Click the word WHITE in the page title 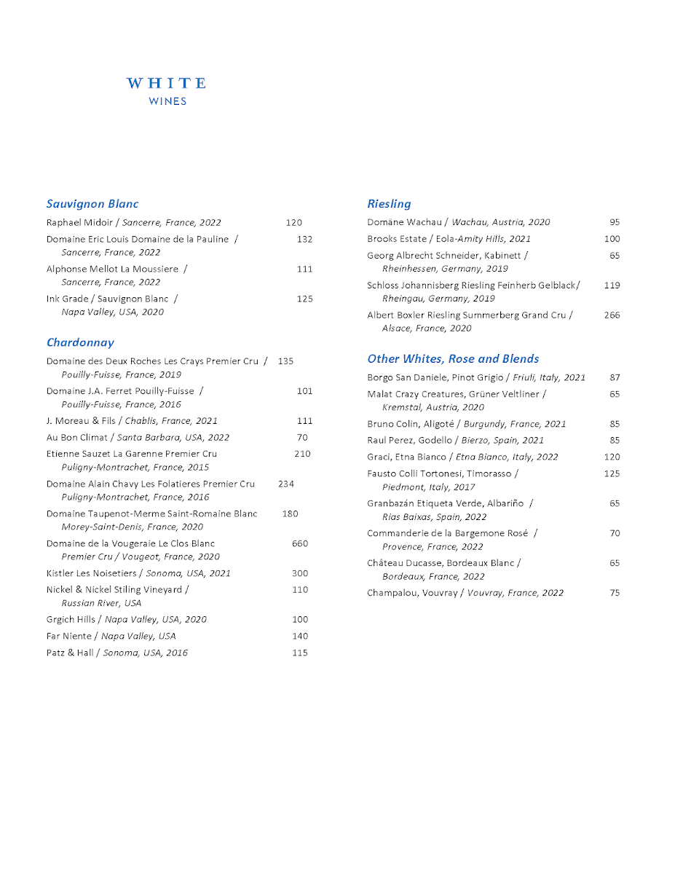(x=167, y=84)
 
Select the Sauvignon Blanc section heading (x=92, y=204)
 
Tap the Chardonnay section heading (x=80, y=342)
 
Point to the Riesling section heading (x=389, y=204)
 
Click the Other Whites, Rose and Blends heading (x=453, y=358)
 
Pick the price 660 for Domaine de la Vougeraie (x=300, y=543)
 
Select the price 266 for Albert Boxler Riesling (x=612, y=315)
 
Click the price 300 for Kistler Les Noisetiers (x=300, y=573)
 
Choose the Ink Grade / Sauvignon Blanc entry (x=107, y=299)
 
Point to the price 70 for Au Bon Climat (x=302, y=438)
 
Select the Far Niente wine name (x=69, y=636)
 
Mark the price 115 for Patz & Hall (x=300, y=653)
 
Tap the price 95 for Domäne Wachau (x=615, y=222)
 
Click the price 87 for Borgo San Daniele (x=615, y=377)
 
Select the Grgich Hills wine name (x=71, y=620)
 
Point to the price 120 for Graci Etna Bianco (x=612, y=457)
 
